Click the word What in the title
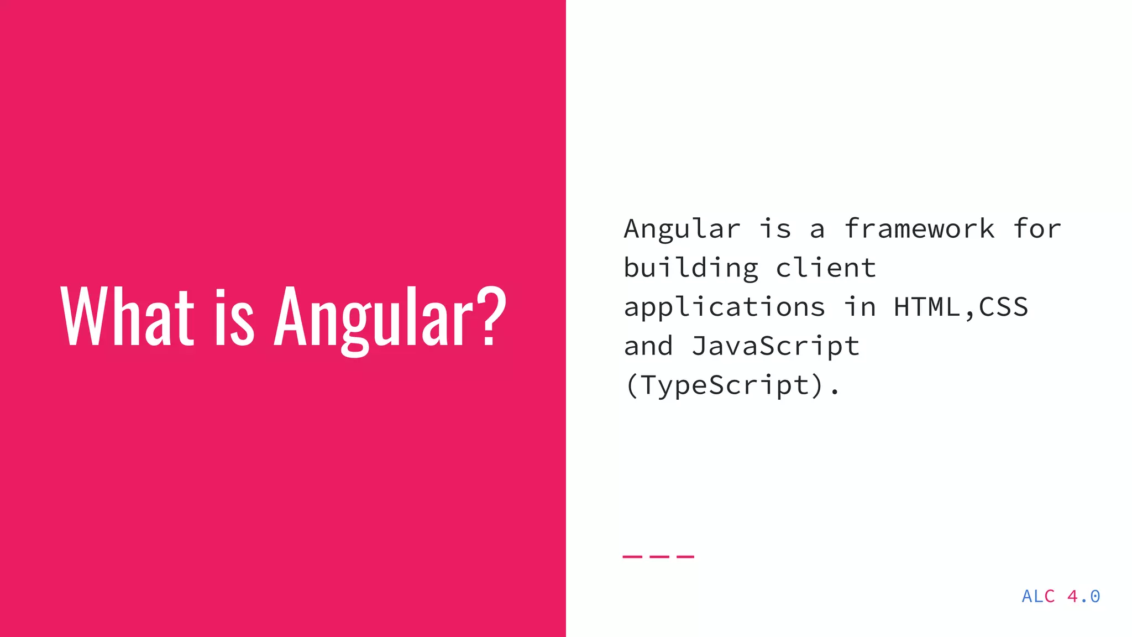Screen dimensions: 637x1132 [127, 317]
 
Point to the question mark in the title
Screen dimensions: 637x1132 [490, 316]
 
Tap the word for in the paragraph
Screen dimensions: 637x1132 [1037, 229]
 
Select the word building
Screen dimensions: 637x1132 [691, 269]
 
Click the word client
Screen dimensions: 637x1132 [826, 268]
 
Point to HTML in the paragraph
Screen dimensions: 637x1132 [927, 307]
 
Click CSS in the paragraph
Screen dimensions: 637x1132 [1004, 307]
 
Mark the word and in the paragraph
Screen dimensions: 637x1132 [648, 347]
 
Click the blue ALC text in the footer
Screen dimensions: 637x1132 [1038, 596]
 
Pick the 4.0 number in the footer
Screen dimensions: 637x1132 [1083, 596]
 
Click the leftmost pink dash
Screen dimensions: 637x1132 [631, 556]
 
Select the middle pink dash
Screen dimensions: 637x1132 [658, 556]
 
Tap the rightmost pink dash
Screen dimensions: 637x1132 [685, 556]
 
